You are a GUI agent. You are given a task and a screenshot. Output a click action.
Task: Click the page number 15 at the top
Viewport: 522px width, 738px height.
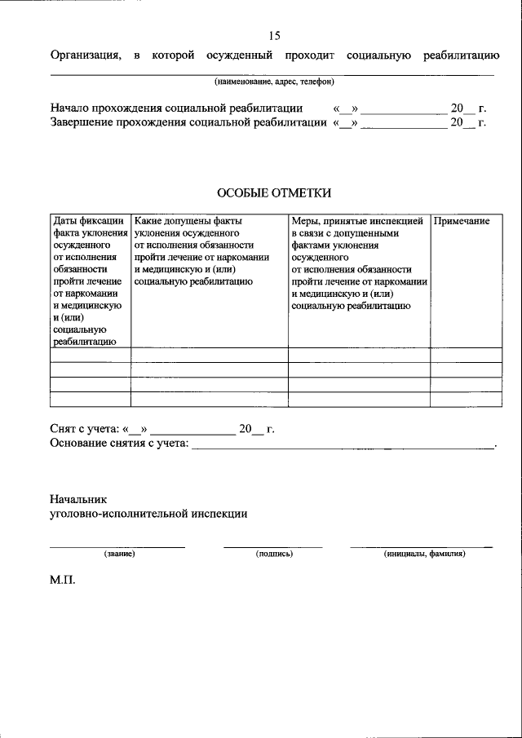tap(274, 35)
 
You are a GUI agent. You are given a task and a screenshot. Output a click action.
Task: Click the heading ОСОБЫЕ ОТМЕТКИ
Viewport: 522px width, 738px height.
tap(274, 192)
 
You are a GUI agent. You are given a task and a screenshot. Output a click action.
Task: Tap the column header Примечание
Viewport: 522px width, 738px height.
tap(462, 221)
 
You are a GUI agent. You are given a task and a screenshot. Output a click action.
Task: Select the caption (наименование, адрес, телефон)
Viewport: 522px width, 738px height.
tap(274, 82)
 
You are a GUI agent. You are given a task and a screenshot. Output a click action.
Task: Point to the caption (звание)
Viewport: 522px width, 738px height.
tap(118, 554)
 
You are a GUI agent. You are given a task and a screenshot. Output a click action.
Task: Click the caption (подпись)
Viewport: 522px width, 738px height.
tap(274, 554)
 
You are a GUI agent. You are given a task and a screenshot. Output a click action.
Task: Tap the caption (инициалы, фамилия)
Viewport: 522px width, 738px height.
tap(424, 554)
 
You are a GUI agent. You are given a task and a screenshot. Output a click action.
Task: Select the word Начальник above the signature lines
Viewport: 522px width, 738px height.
tap(78, 498)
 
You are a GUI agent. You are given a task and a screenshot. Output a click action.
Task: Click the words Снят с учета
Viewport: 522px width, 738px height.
tap(84, 429)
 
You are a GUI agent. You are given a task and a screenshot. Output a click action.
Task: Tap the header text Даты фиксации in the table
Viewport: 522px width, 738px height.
tap(89, 221)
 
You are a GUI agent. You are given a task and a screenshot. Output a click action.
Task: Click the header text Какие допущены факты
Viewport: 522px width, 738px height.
tap(188, 221)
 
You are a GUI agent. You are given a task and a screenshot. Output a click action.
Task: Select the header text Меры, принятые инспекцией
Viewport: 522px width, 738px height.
tap(357, 221)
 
